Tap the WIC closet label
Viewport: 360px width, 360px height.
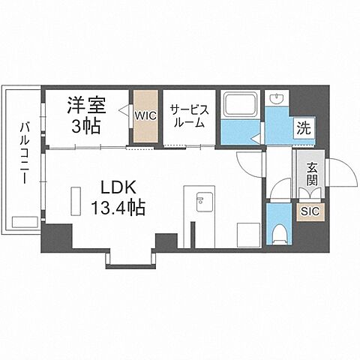point(145,115)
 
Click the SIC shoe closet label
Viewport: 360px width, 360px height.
point(310,211)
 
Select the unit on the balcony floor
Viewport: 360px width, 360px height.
point(23,221)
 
